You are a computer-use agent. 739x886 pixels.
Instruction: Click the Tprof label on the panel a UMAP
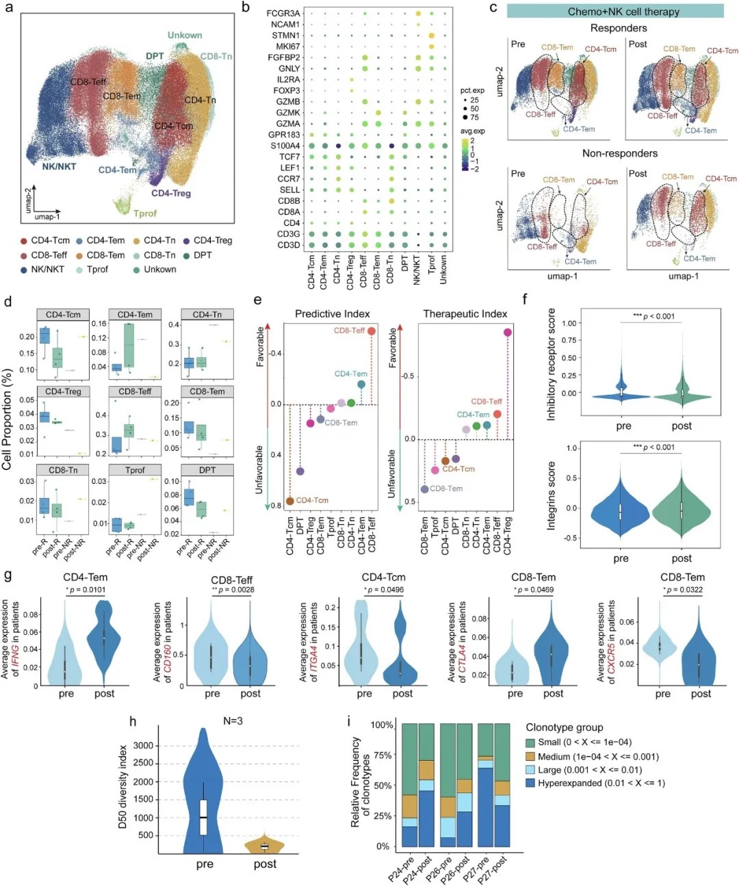click(144, 213)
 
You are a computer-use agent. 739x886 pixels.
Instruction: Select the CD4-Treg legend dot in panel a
click(186, 241)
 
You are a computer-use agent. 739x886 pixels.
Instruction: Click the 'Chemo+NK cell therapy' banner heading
click(614, 12)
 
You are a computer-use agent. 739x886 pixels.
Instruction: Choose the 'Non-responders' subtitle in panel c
click(619, 153)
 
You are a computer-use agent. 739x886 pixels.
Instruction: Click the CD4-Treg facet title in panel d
click(63, 391)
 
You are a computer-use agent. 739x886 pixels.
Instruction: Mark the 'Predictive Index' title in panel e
click(332, 314)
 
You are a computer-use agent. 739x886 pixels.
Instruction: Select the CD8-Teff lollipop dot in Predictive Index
click(372, 331)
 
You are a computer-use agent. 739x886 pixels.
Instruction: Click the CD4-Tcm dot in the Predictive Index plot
click(290, 501)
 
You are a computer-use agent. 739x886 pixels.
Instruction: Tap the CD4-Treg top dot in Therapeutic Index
click(508, 333)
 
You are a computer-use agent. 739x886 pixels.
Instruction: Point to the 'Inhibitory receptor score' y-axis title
click(552, 364)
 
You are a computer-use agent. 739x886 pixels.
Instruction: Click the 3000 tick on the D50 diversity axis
click(143, 745)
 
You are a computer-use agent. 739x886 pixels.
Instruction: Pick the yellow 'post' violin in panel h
click(265, 846)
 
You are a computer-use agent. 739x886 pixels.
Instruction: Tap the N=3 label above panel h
click(233, 721)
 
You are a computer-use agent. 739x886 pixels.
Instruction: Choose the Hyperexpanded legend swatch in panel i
click(530, 783)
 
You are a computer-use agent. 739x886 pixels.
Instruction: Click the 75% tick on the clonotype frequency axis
click(383, 755)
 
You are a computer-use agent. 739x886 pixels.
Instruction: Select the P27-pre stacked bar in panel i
click(486, 787)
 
